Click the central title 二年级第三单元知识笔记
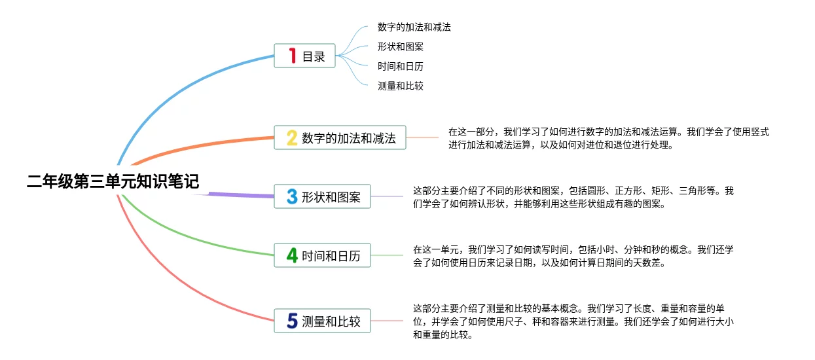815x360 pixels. [113, 181]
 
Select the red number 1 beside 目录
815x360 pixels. [292, 56]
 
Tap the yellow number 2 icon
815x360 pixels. [292, 138]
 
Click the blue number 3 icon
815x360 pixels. [292, 196]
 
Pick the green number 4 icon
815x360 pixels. [292, 255]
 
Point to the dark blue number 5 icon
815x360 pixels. [292, 321]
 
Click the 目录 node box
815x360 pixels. [304, 56]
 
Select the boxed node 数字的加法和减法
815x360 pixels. [340, 137]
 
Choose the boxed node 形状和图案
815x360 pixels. [322, 196]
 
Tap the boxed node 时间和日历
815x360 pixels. [322, 255]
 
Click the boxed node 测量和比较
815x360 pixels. [322, 321]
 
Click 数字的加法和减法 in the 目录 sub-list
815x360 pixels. [414, 27]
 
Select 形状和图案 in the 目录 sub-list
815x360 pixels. [400, 46]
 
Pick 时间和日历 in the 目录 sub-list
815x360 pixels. [400, 66]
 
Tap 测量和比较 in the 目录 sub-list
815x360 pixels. [400, 86]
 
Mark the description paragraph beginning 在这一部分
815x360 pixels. [608, 138]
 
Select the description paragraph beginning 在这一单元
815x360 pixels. [573, 256]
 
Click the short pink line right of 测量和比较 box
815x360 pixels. [387, 321]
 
